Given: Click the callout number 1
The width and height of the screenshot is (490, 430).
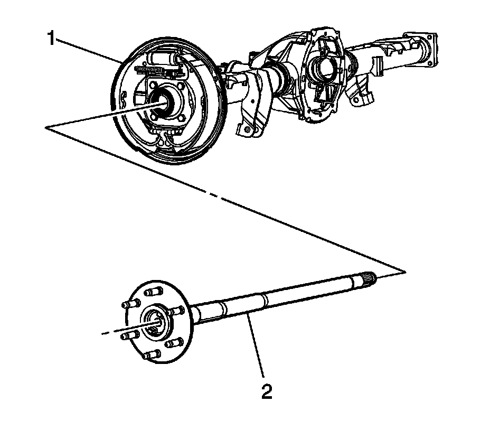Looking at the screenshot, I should [x=51, y=39].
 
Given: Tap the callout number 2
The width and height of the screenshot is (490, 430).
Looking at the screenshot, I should [x=267, y=391].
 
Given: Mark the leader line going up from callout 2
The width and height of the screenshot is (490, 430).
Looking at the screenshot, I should [x=256, y=349].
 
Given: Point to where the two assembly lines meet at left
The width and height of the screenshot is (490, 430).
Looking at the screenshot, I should [x=48, y=127].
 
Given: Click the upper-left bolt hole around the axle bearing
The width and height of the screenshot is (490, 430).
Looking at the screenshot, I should [x=152, y=85].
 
